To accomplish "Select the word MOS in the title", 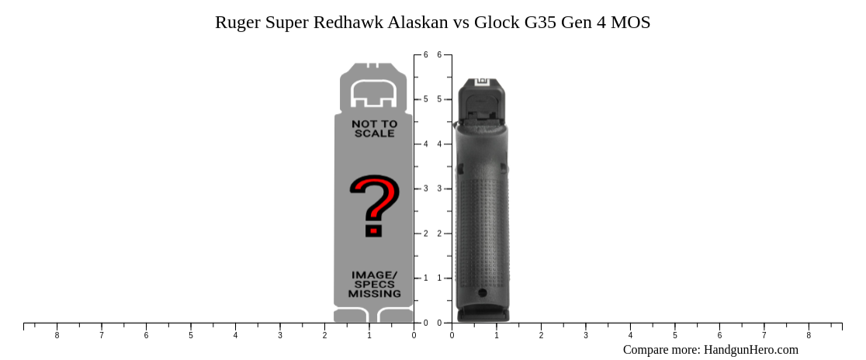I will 631,22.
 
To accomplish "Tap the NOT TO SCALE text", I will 374,129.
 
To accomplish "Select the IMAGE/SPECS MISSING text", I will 374,285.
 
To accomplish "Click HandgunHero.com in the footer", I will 750,350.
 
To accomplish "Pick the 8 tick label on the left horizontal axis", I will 57,335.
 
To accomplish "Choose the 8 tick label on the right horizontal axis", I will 809,335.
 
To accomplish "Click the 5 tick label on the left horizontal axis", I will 191,335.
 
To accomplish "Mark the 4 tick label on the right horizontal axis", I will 630,335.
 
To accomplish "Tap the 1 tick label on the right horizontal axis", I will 497,335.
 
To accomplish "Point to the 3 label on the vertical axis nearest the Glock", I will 439,189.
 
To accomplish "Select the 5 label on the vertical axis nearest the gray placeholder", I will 425,99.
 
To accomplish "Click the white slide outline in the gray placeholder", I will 374,94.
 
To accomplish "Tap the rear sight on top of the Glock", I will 481,81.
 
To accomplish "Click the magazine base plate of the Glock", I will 483,314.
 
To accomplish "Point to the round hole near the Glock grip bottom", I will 483,292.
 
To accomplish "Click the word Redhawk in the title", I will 348,22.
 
